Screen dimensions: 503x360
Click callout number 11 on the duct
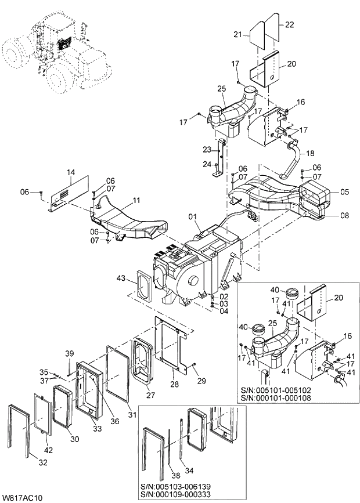[136, 200]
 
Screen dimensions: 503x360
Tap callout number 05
[344, 191]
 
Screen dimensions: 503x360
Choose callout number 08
[344, 216]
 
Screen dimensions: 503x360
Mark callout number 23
[206, 149]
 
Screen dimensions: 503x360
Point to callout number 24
[206, 164]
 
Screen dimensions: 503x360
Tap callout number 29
[203, 380]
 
